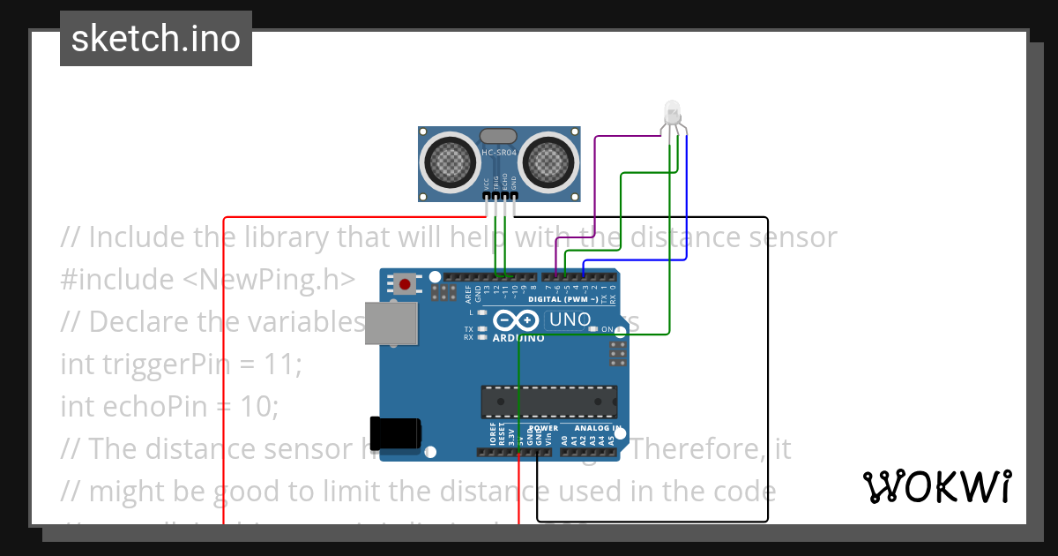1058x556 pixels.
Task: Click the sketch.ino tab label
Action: (156, 39)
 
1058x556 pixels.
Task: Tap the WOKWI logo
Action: (936, 486)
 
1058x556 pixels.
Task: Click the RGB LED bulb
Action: (672, 112)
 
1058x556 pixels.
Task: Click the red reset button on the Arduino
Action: (405, 283)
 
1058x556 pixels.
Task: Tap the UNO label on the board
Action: (570, 319)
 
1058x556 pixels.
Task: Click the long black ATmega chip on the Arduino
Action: (548, 402)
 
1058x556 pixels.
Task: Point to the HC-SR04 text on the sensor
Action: (498, 153)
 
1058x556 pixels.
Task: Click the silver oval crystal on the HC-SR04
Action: (498, 135)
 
